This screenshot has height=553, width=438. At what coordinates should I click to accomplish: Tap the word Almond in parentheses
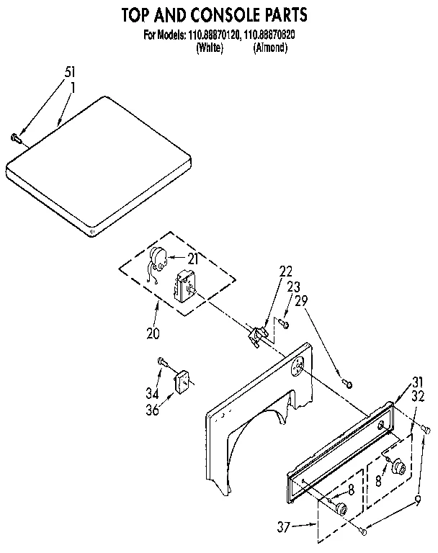click(x=270, y=48)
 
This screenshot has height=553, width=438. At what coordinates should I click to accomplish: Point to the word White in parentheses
click(x=209, y=48)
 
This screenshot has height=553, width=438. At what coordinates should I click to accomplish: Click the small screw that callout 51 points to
click(x=15, y=136)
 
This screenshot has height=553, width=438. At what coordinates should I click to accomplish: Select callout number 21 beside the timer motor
click(x=192, y=258)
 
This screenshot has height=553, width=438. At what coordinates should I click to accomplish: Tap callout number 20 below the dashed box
click(x=152, y=333)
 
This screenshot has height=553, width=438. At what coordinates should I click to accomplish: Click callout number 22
click(x=286, y=271)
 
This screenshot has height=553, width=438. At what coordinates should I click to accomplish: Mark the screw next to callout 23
click(x=285, y=325)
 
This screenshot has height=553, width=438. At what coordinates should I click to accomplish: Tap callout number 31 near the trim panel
click(x=417, y=382)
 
